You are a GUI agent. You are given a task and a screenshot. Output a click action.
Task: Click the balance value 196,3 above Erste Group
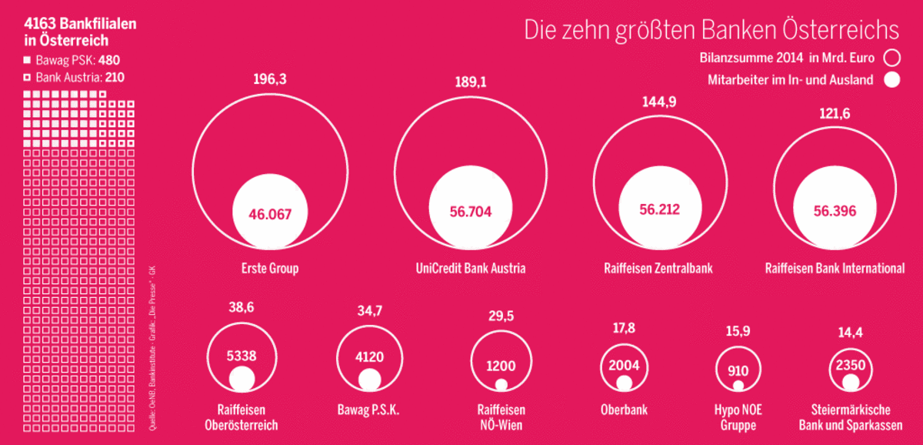pyautogui.click(x=269, y=79)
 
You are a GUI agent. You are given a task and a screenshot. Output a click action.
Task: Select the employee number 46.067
pyautogui.click(x=270, y=214)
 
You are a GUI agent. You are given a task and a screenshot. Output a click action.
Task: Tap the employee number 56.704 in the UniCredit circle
pyautogui.click(x=470, y=212)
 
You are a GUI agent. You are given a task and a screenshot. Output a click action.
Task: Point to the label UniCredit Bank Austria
pyautogui.click(x=471, y=269)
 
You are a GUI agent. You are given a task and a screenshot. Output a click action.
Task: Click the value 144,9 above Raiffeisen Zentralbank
pyautogui.click(x=659, y=102)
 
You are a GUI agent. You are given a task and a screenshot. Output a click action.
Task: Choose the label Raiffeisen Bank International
pyautogui.click(x=835, y=269)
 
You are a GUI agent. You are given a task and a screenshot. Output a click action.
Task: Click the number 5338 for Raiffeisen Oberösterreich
pyautogui.click(x=241, y=356)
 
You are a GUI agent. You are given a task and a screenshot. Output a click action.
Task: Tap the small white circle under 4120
pyautogui.click(x=369, y=379)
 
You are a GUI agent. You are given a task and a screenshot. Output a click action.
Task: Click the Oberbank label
pyautogui.click(x=624, y=410)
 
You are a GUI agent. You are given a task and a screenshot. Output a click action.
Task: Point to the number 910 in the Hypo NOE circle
pyautogui.click(x=738, y=369)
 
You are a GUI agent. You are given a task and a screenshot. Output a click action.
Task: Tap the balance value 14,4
pyautogui.click(x=850, y=333)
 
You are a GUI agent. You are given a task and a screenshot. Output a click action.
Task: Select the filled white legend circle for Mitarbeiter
pyautogui.click(x=891, y=79)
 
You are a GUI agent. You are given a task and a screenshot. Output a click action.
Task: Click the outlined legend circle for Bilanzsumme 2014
pyautogui.click(x=891, y=57)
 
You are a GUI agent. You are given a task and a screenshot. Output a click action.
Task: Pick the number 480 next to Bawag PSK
pyautogui.click(x=109, y=60)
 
